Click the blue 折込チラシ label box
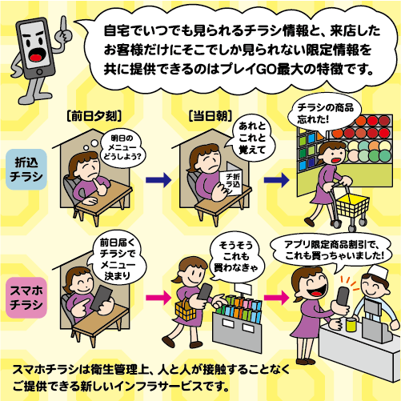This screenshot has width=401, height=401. (26, 170)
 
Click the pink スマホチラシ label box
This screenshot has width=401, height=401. (26, 297)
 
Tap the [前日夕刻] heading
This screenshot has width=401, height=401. (94, 116)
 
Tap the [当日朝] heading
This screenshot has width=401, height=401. (211, 116)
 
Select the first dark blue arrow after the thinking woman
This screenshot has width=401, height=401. (158, 180)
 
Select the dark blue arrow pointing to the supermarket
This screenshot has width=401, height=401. (276, 180)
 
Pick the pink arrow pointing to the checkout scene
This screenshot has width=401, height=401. (276, 297)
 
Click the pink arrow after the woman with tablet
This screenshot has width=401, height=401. (158, 297)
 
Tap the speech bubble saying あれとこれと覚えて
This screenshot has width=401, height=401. (252, 138)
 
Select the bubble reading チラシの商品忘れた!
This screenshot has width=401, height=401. (325, 113)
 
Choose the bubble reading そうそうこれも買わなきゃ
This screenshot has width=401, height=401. (235, 258)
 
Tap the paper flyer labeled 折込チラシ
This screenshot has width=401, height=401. (231, 182)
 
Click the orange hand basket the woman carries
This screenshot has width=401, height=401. (185, 310)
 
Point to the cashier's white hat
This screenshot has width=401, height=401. (378, 273)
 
